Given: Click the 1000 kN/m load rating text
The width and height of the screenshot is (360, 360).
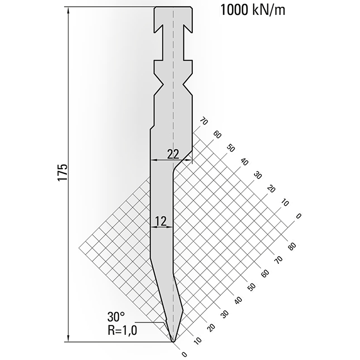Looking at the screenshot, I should [252, 10].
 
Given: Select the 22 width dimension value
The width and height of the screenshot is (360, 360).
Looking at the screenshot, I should [173, 153].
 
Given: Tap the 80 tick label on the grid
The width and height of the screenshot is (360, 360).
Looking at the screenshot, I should [292, 247].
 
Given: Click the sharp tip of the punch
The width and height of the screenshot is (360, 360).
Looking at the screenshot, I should [173, 340].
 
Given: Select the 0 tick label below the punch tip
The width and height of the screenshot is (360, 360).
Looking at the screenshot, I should [184, 354].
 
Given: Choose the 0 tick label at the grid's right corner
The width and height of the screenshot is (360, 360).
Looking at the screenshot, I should [298, 217].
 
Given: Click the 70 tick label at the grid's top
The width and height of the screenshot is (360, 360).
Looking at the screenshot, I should [203, 122].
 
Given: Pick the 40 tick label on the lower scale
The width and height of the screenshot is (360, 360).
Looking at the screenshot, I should [238, 300].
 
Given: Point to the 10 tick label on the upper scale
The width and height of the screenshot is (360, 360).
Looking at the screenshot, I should [284, 203].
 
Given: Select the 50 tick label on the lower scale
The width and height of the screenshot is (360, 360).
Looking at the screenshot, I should [251, 287].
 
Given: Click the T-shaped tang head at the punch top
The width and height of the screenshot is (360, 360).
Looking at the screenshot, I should [173, 13].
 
